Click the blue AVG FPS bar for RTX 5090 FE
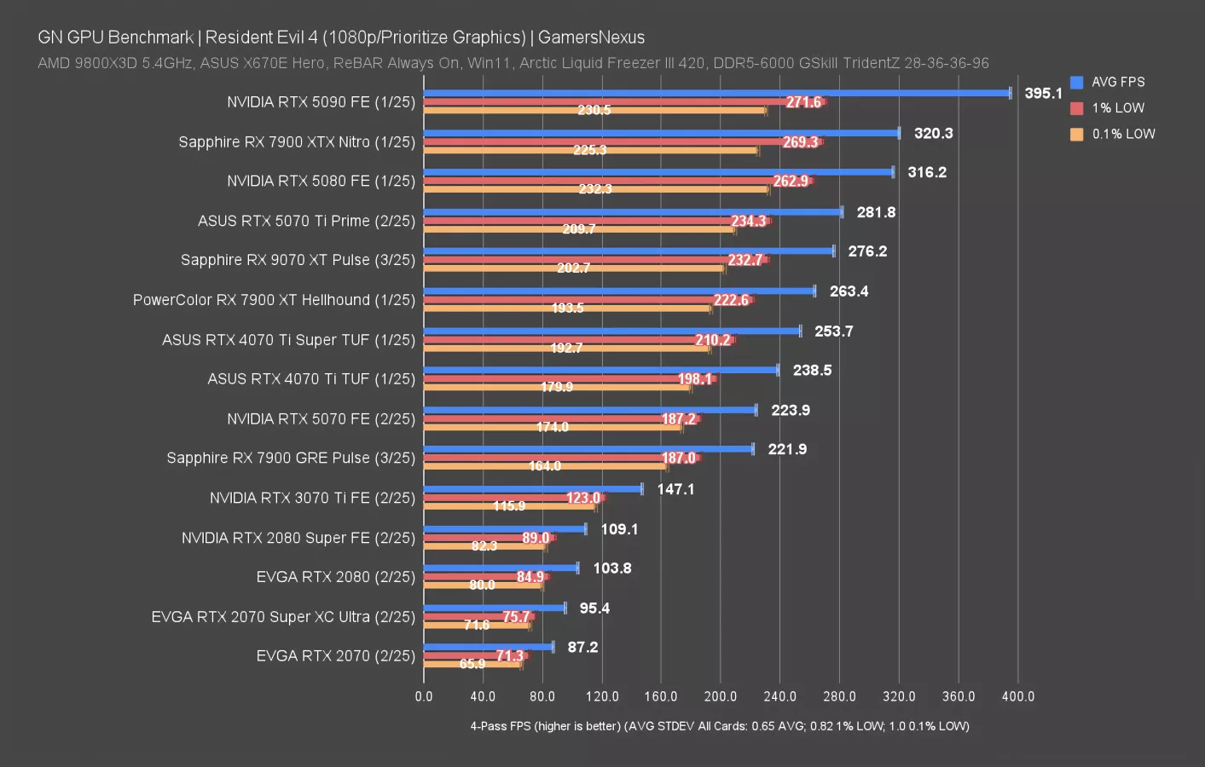pyautogui.click(x=716, y=93)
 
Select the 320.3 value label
pyautogui.click(x=933, y=133)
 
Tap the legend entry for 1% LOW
pyautogui.click(x=1117, y=108)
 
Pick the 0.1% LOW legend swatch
pyautogui.click(x=1076, y=134)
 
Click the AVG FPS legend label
pyautogui.click(x=1117, y=82)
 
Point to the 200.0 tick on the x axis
pyautogui.click(x=720, y=696)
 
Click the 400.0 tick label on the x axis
pyautogui.click(x=1017, y=696)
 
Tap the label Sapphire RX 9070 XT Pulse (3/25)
pyautogui.click(x=298, y=260)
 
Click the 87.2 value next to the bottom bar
pyautogui.click(x=582, y=647)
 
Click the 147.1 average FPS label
pyautogui.click(x=675, y=489)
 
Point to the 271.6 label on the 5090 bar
pyautogui.click(x=803, y=102)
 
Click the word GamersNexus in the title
pyautogui.click(x=591, y=37)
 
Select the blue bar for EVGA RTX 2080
pyautogui.click(x=501, y=568)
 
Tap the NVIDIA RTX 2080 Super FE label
pyautogui.click(x=298, y=538)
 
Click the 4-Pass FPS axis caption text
pyautogui.click(x=719, y=726)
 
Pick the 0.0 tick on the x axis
pyautogui.click(x=424, y=696)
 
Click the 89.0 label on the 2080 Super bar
pyautogui.click(x=536, y=538)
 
